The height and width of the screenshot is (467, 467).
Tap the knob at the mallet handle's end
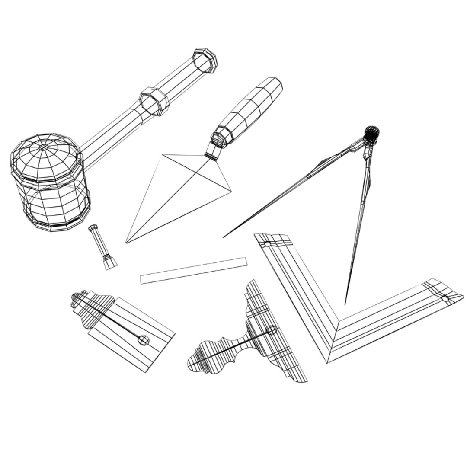click(x=205, y=60)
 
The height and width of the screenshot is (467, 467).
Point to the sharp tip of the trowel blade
click(x=126, y=243)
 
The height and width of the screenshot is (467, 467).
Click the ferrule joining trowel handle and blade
click(x=213, y=151)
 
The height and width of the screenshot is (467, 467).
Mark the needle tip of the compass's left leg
click(x=224, y=237)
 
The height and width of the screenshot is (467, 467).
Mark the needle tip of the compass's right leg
click(x=345, y=304)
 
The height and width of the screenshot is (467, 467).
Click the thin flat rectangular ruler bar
click(x=194, y=271)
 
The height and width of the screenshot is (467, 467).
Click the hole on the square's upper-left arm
click(x=268, y=244)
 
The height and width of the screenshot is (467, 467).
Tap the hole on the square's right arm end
click(x=445, y=298)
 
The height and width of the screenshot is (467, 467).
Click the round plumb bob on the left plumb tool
click(x=144, y=340)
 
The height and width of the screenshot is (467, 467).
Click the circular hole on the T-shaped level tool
click(x=271, y=330)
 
